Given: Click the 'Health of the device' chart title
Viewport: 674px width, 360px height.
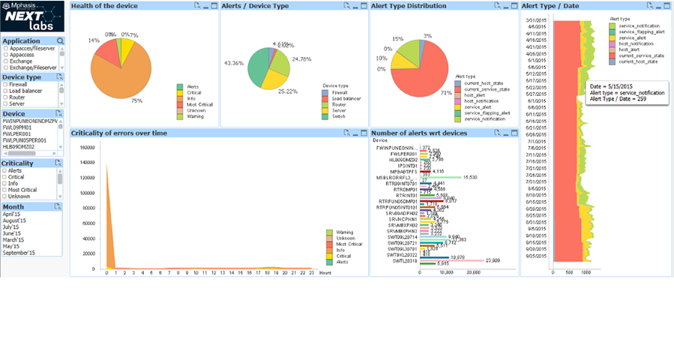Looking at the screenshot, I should click(x=104, y=6).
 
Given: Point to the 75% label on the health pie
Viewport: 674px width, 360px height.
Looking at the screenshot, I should click(x=136, y=100).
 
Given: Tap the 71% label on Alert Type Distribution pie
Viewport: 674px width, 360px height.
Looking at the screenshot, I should click(x=446, y=94).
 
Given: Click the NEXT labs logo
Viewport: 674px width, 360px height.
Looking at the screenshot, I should click(x=32, y=16).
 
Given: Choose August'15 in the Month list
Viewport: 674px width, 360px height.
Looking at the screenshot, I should click(x=14, y=220).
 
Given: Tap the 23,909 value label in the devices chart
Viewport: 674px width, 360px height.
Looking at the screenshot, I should click(x=493, y=260).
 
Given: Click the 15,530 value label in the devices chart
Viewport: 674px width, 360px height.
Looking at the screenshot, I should click(x=470, y=178).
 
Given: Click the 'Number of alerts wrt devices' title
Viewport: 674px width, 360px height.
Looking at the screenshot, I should click(x=419, y=133).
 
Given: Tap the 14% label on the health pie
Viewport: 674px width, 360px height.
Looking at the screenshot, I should click(x=94, y=40).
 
